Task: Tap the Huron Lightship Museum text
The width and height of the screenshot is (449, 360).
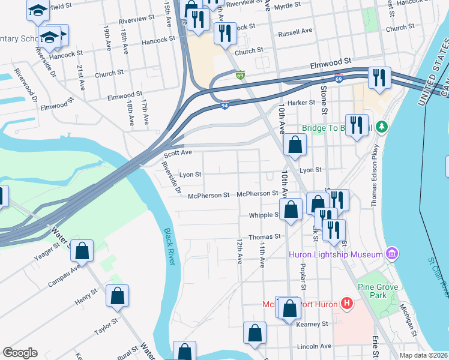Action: (336, 254)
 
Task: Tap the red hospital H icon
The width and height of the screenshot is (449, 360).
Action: (346, 303)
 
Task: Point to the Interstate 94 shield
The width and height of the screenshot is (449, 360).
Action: (224, 105)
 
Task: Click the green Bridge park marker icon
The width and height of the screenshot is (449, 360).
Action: (381, 127)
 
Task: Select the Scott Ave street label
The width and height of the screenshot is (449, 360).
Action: (178, 154)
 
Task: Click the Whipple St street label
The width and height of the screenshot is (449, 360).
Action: (265, 215)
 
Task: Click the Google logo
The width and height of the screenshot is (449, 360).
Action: (20, 353)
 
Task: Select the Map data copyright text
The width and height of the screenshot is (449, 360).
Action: (424, 355)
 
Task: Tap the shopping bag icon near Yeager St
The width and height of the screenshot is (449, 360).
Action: (82, 251)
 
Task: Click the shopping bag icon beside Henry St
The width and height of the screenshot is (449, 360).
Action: (117, 296)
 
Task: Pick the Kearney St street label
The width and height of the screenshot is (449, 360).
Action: (313, 324)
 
